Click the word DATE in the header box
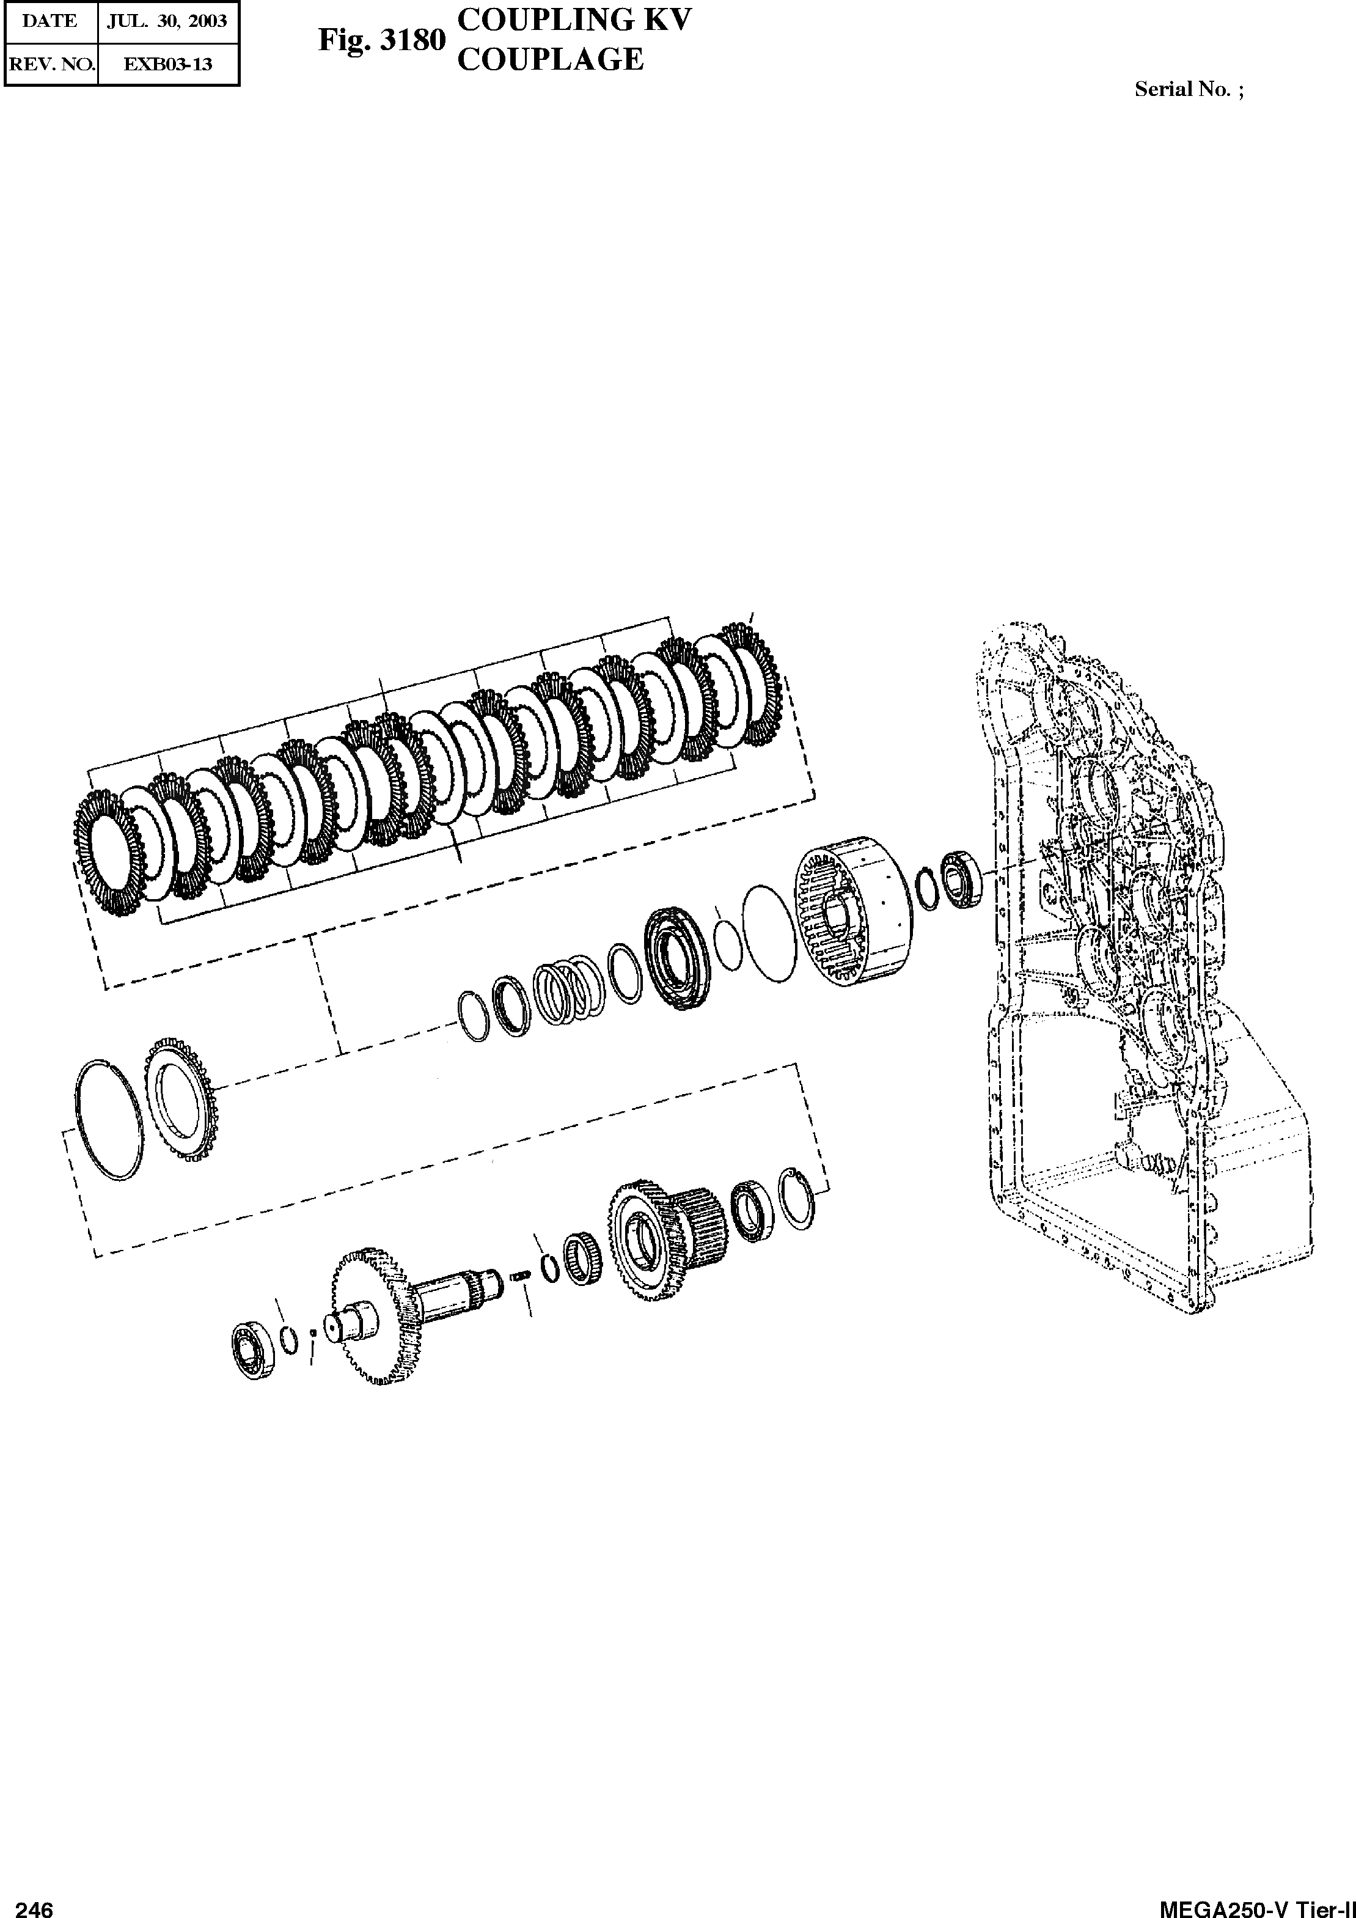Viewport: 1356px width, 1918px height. (50, 22)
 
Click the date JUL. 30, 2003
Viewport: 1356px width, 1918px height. (167, 22)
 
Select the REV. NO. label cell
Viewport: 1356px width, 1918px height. (50, 64)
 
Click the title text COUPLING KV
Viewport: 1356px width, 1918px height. (575, 21)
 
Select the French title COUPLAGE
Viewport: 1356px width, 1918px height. (551, 59)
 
